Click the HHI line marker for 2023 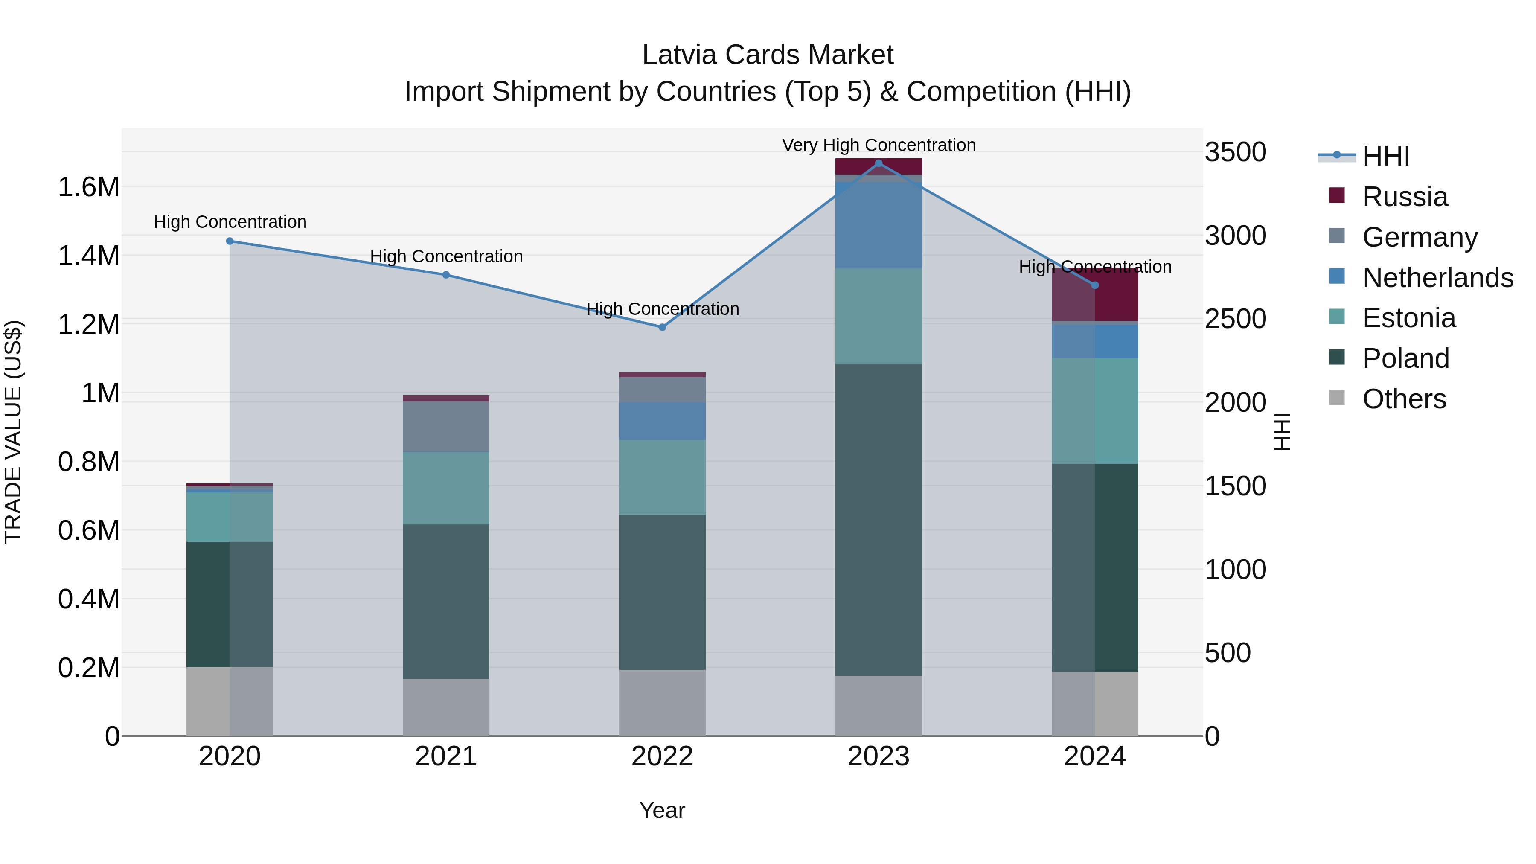tap(879, 163)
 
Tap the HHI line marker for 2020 tap(230, 241)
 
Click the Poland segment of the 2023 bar tap(879, 519)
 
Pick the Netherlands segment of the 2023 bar tap(879, 225)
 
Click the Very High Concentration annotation tap(879, 145)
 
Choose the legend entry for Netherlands tap(1437, 278)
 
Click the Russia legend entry tap(1404, 197)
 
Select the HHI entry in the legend tap(1385, 156)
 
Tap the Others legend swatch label tap(1404, 399)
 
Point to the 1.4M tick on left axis tap(88, 256)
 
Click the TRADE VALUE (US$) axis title tap(13, 432)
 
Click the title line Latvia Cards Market tap(768, 55)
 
